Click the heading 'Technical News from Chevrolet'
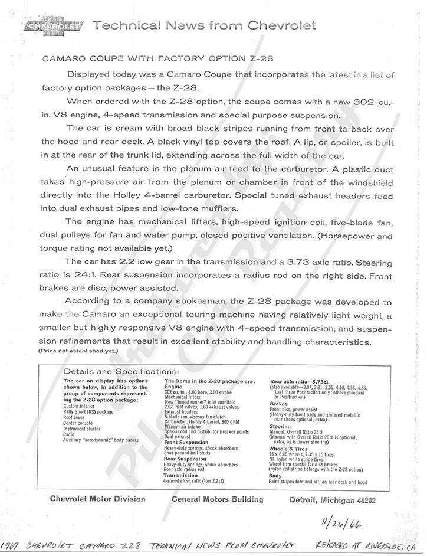[x=205, y=25]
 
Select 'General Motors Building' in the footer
[x=218, y=499]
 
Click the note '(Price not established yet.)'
[x=79, y=351]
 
